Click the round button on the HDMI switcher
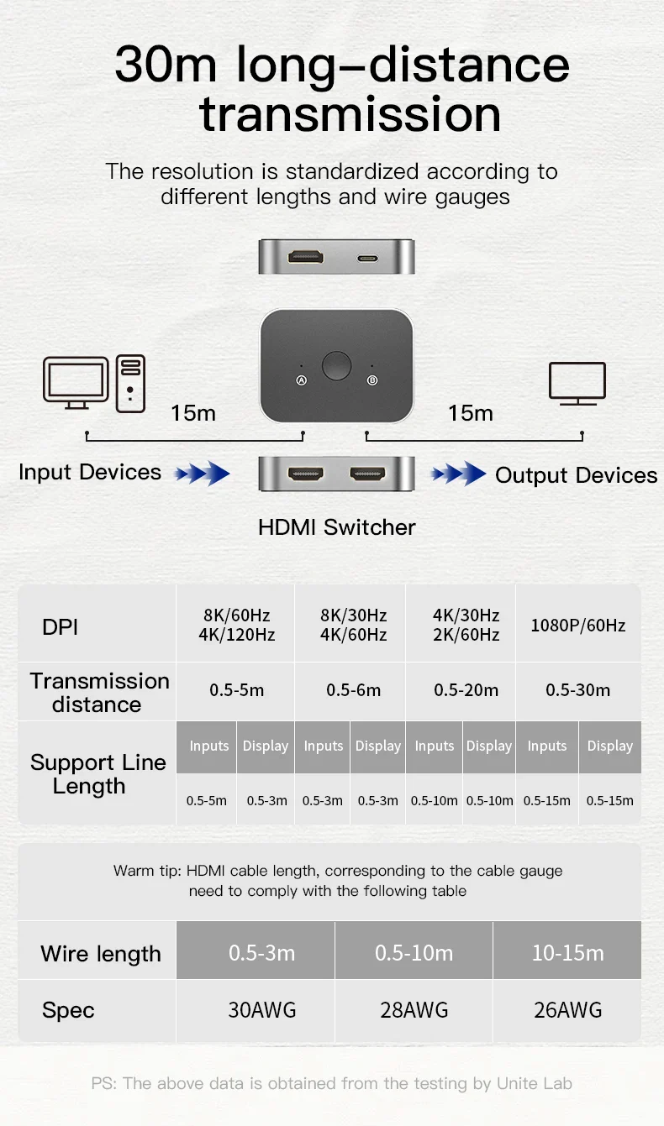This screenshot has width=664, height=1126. click(336, 365)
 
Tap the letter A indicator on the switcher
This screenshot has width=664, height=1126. click(301, 380)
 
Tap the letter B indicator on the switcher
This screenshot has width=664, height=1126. click(372, 380)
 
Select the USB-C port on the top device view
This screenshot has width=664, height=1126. click(367, 259)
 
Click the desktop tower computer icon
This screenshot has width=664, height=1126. click(130, 384)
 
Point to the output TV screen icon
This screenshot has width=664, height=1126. click(577, 384)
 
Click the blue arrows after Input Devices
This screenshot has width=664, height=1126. click(203, 474)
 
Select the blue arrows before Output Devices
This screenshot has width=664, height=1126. click(459, 474)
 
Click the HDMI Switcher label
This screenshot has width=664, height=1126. click(336, 527)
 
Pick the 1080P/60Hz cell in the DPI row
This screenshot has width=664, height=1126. click(578, 626)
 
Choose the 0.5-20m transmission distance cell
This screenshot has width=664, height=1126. click(466, 690)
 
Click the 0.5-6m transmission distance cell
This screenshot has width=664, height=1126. click(353, 690)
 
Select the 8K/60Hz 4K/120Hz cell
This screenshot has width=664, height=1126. click(236, 625)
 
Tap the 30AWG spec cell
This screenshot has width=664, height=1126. click(262, 1010)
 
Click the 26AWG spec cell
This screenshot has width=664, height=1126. click(567, 1010)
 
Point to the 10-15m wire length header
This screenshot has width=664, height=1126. click(567, 953)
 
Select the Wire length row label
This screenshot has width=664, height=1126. click(101, 954)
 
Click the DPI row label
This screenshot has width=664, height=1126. click(60, 627)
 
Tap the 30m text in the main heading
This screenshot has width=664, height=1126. click(166, 65)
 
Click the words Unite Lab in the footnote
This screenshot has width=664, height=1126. click(535, 1083)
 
